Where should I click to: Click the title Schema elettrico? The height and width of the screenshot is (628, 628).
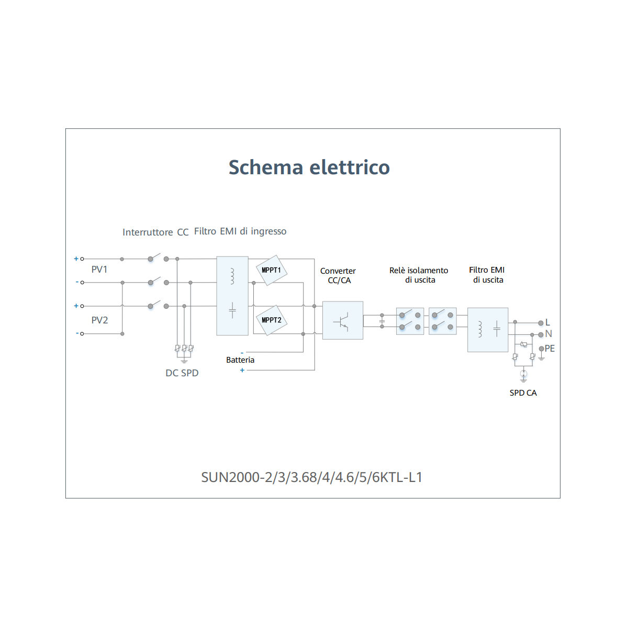click(309, 167)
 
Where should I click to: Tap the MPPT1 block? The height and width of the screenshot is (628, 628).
click(271, 270)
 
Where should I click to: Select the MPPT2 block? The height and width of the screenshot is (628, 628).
click(271, 320)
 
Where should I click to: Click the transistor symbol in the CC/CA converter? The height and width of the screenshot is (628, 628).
click(341, 321)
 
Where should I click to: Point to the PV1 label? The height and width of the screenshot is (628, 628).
click(99, 270)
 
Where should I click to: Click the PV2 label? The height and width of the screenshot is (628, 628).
click(99, 320)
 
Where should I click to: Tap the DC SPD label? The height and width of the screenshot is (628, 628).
click(182, 373)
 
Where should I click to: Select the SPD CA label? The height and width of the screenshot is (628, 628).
click(523, 392)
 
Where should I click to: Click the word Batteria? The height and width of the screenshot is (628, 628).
click(240, 360)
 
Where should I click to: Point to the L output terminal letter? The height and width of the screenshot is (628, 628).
click(547, 322)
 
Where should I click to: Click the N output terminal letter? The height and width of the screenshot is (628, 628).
click(548, 334)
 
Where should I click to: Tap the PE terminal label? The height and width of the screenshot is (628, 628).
click(549, 349)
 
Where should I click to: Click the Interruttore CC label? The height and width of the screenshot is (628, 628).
click(155, 232)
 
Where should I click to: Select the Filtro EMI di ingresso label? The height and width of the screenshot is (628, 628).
click(240, 231)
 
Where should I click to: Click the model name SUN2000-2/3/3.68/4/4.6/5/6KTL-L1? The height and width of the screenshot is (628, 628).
click(311, 477)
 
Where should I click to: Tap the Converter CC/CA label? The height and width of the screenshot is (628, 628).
click(338, 276)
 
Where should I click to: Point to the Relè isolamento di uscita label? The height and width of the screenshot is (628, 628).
click(419, 275)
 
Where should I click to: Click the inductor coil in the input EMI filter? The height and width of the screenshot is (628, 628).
click(232, 276)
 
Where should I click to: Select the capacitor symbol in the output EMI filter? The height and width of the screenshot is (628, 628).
click(497, 329)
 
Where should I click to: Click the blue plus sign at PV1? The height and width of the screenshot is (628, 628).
click(76, 259)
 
